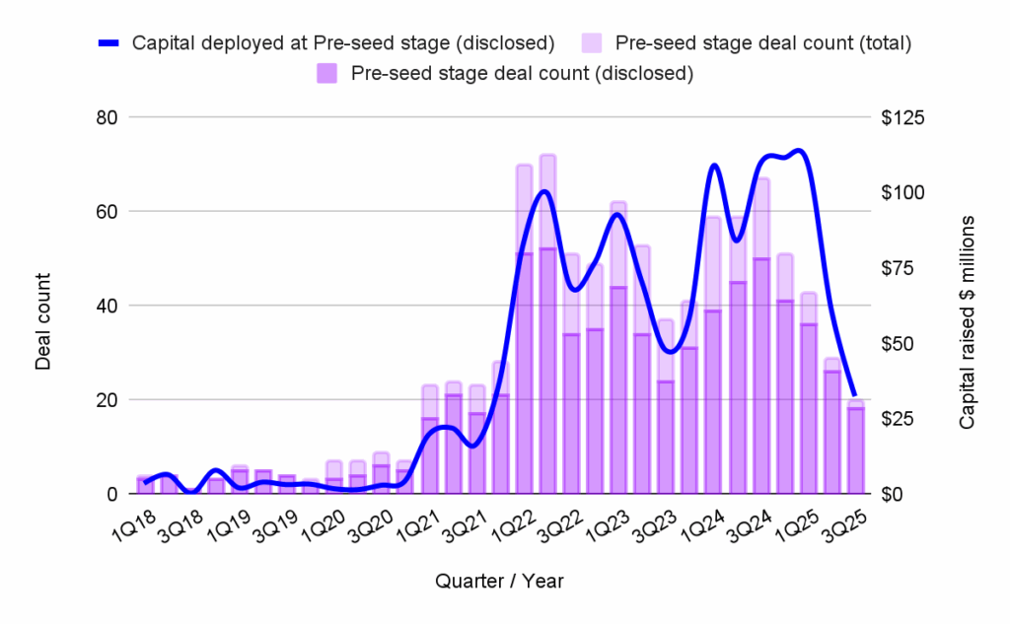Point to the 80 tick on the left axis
pos(108,117)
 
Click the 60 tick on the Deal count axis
pos(108,211)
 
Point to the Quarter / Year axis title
pos(499,582)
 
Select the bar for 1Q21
pos(430,453)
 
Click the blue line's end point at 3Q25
pos(854,395)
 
